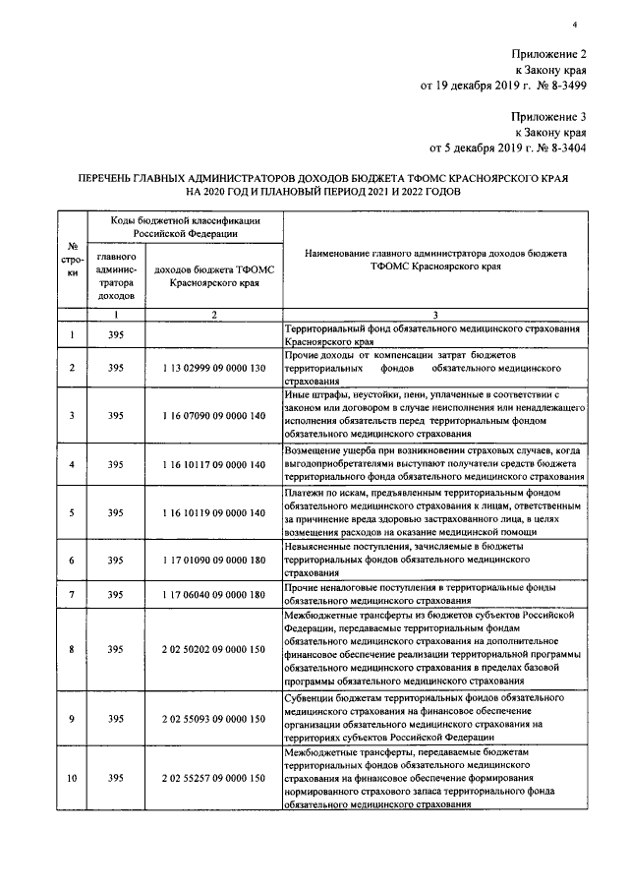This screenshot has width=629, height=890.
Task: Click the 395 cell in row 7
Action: (116, 594)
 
